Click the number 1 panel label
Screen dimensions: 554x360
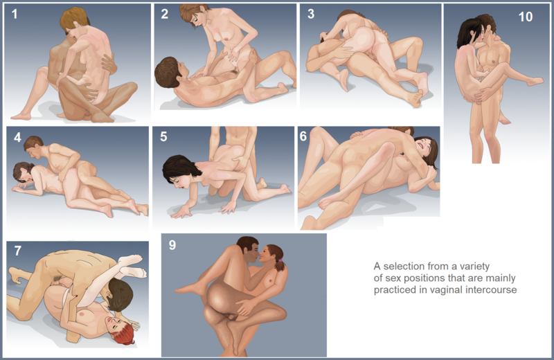click(15, 14)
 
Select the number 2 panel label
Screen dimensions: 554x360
click(165, 14)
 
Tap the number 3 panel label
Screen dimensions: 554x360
click(311, 14)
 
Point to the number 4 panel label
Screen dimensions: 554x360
click(18, 137)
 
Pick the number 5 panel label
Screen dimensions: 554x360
click(163, 136)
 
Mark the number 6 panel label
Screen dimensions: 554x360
click(303, 136)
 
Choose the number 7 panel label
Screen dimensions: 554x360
click(18, 251)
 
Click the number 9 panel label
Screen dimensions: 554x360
click(172, 245)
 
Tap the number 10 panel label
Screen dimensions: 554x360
click(526, 17)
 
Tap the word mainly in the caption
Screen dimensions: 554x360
click(501, 278)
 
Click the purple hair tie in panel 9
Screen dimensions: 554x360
click(280, 260)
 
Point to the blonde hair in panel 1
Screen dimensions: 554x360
click(74, 19)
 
